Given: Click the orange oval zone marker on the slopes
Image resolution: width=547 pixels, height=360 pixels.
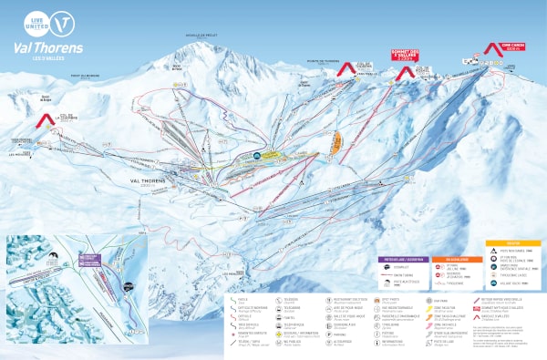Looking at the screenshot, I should (x=337, y=140).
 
